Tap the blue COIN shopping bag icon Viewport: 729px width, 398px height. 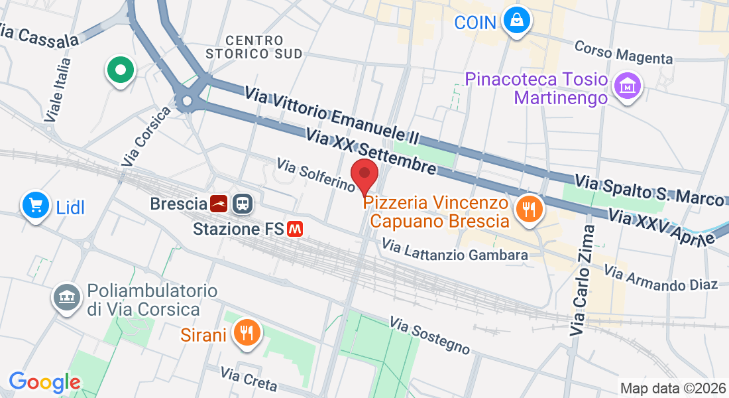click(x=516, y=21)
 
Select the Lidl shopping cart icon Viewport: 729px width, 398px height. click(x=35, y=206)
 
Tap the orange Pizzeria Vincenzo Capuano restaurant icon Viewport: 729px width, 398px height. click(x=529, y=210)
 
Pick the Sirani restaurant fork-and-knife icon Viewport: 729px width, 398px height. click(x=247, y=333)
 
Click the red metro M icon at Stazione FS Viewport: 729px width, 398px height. click(x=295, y=229)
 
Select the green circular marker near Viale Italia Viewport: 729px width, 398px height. click(x=121, y=70)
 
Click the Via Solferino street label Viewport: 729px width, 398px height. click(x=316, y=174)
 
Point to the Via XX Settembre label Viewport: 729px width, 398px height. click(x=371, y=152)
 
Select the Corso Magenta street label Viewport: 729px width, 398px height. click(x=624, y=52)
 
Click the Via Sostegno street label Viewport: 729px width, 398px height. click(x=430, y=335)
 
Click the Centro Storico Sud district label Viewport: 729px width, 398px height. click(x=254, y=47)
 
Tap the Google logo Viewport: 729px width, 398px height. click(x=44, y=382)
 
